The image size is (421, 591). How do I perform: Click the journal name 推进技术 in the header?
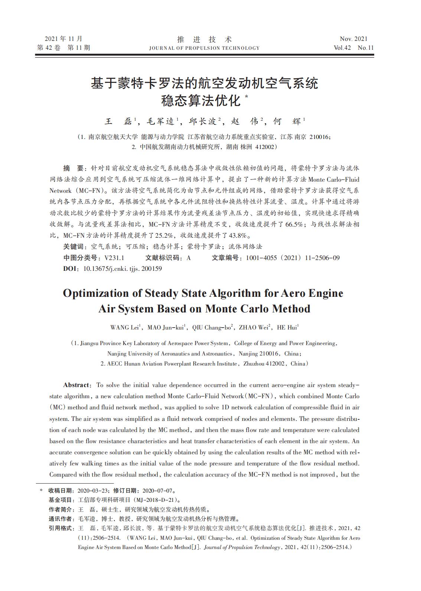point(205,39)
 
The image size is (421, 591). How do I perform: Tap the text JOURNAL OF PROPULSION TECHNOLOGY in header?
point(204,48)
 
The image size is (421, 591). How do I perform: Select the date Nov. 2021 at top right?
point(353,39)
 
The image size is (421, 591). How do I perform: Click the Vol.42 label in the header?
point(342,48)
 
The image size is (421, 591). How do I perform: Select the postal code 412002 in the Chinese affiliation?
point(264,147)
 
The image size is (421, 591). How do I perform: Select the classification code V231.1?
point(114,258)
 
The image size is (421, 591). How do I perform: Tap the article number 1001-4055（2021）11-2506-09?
point(293,258)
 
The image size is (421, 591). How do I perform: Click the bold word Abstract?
point(76,385)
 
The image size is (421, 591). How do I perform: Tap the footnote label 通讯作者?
point(61,519)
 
